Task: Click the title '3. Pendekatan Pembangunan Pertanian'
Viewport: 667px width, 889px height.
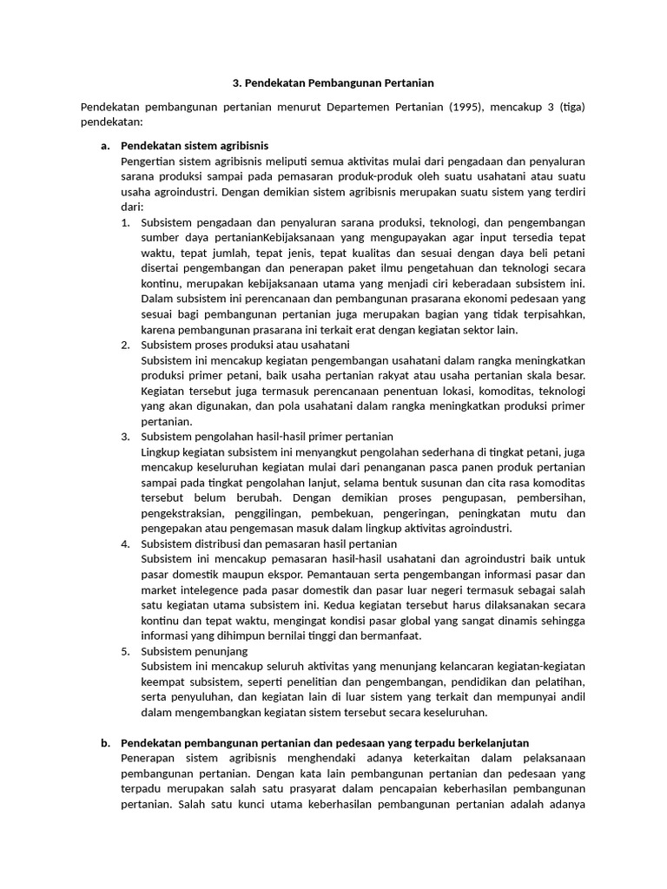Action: coord(333,83)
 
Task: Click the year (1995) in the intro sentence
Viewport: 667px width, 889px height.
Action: coord(468,108)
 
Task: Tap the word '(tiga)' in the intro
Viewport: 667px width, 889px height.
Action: coord(571,108)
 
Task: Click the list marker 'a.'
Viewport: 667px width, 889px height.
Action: coord(106,146)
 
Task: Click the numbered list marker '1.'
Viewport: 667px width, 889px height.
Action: coord(126,222)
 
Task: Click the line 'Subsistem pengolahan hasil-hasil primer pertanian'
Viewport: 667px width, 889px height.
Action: coord(267,436)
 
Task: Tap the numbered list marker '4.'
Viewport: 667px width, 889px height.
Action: coord(126,543)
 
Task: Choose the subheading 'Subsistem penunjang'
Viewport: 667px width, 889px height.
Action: coord(195,650)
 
